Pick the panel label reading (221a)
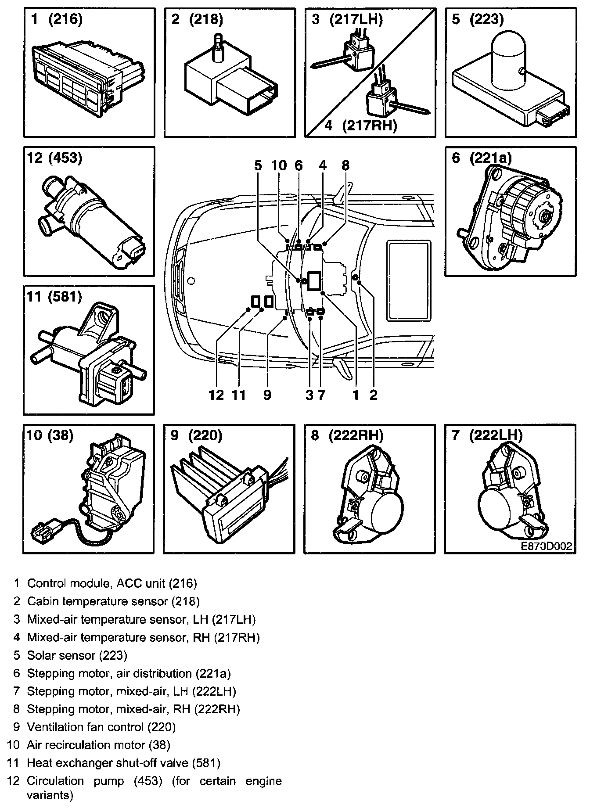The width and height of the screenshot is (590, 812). (x=490, y=158)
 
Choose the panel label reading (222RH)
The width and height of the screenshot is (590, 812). (x=356, y=435)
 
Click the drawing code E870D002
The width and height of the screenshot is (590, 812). (x=546, y=546)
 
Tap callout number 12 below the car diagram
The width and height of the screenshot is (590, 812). (x=216, y=395)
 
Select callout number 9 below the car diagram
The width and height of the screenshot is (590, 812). (x=267, y=395)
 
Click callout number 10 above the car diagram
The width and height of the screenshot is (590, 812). (x=279, y=165)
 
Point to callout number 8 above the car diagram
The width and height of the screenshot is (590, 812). (x=345, y=165)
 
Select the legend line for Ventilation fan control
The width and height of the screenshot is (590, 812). (x=101, y=727)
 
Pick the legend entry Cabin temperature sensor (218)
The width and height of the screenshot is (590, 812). (x=113, y=601)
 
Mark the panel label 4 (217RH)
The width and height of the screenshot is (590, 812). (x=361, y=126)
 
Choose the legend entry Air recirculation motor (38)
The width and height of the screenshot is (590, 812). (x=98, y=745)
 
